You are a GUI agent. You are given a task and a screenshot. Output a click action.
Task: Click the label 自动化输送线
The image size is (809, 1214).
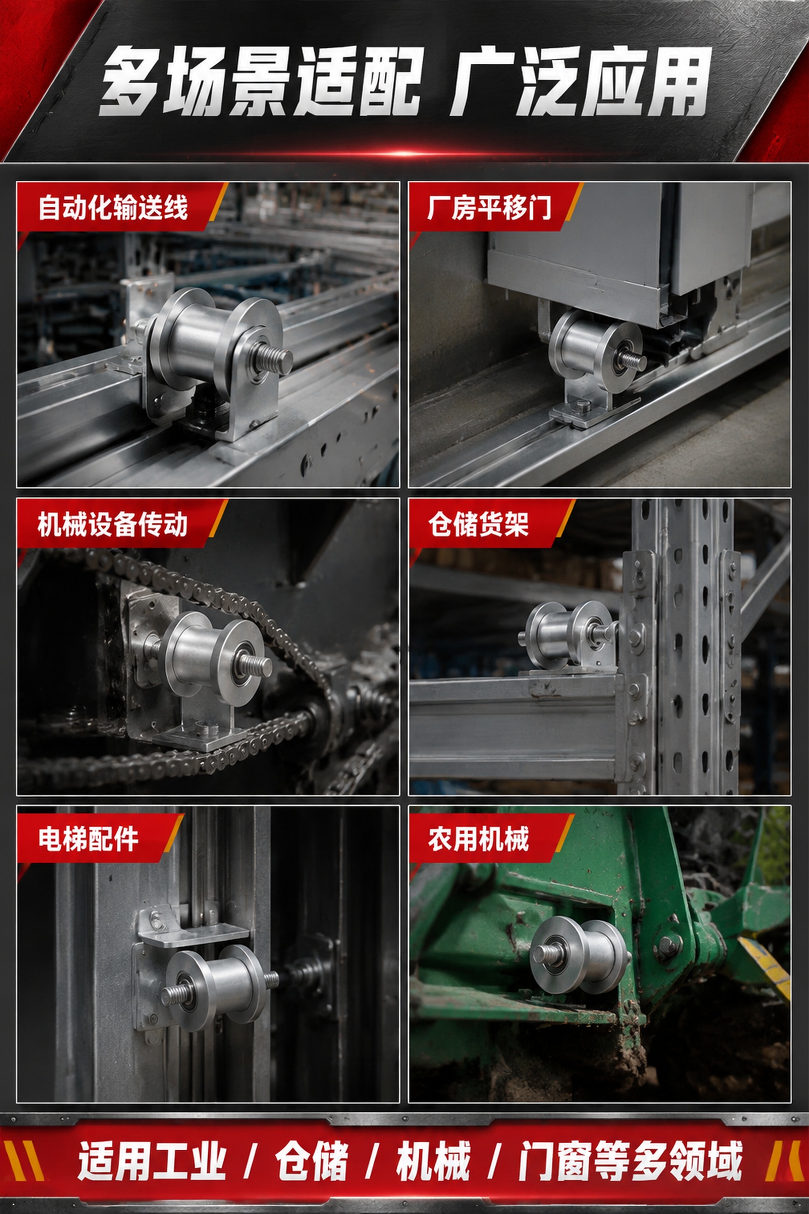click(x=113, y=207)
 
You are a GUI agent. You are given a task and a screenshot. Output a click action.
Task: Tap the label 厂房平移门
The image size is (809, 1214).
click(x=489, y=207)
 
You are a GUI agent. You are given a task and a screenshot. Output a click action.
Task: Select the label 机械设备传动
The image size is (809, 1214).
click(x=113, y=524)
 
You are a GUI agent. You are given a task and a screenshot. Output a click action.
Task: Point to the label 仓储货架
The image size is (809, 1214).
click(x=478, y=524)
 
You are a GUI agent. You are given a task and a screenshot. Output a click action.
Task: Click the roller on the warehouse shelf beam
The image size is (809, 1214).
click(x=567, y=635)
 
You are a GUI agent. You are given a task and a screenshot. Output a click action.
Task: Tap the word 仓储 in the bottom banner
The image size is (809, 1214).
click(x=312, y=1161)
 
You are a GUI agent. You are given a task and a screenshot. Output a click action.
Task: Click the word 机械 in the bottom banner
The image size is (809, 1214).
click(x=433, y=1161)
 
